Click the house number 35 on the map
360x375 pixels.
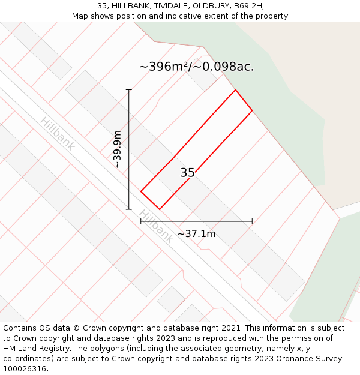click(x=187, y=173)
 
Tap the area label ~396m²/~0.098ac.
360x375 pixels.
click(x=196, y=67)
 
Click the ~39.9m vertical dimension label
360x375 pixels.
click(x=117, y=149)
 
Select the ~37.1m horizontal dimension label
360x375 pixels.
click(x=196, y=234)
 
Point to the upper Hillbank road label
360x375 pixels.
click(x=58, y=133)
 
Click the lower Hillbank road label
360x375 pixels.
click(x=156, y=226)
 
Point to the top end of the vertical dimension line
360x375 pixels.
click(x=129, y=90)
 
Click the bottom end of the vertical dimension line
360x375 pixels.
click(x=129, y=209)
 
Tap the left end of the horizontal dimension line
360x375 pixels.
click(x=141, y=221)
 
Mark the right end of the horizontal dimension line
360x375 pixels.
click(x=252, y=221)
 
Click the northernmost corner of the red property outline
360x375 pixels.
click(x=235, y=90)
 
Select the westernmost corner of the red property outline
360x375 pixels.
click(x=141, y=191)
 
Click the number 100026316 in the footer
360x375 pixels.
click(x=25, y=369)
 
